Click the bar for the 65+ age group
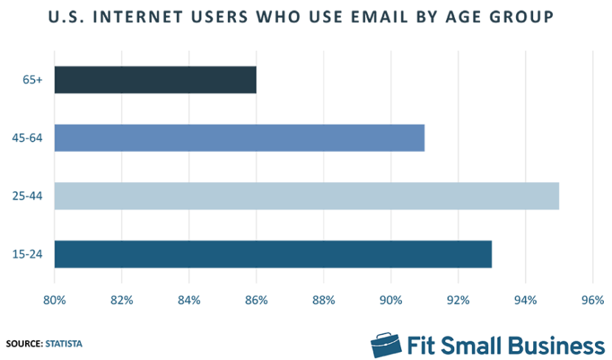coord(155,80)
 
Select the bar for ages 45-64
coord(239,137)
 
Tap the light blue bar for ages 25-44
coord(306,195)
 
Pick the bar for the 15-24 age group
coord(273,254)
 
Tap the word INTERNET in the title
coord(141,16)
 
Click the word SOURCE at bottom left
coord(24,344)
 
